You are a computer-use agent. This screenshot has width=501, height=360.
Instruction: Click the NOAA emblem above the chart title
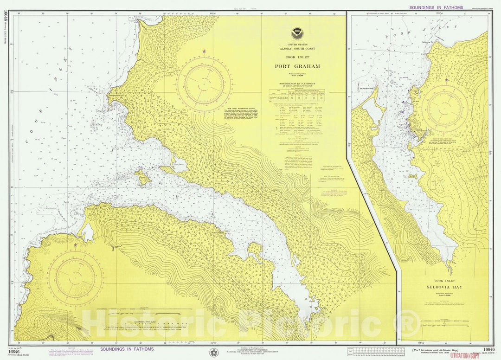coord(295,33)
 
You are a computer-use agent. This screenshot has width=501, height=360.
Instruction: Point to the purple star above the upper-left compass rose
coord(204,51)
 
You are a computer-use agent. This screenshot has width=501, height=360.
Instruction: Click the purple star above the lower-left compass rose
coord(75,244)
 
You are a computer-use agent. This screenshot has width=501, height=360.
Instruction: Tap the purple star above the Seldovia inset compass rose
coord(446,80)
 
